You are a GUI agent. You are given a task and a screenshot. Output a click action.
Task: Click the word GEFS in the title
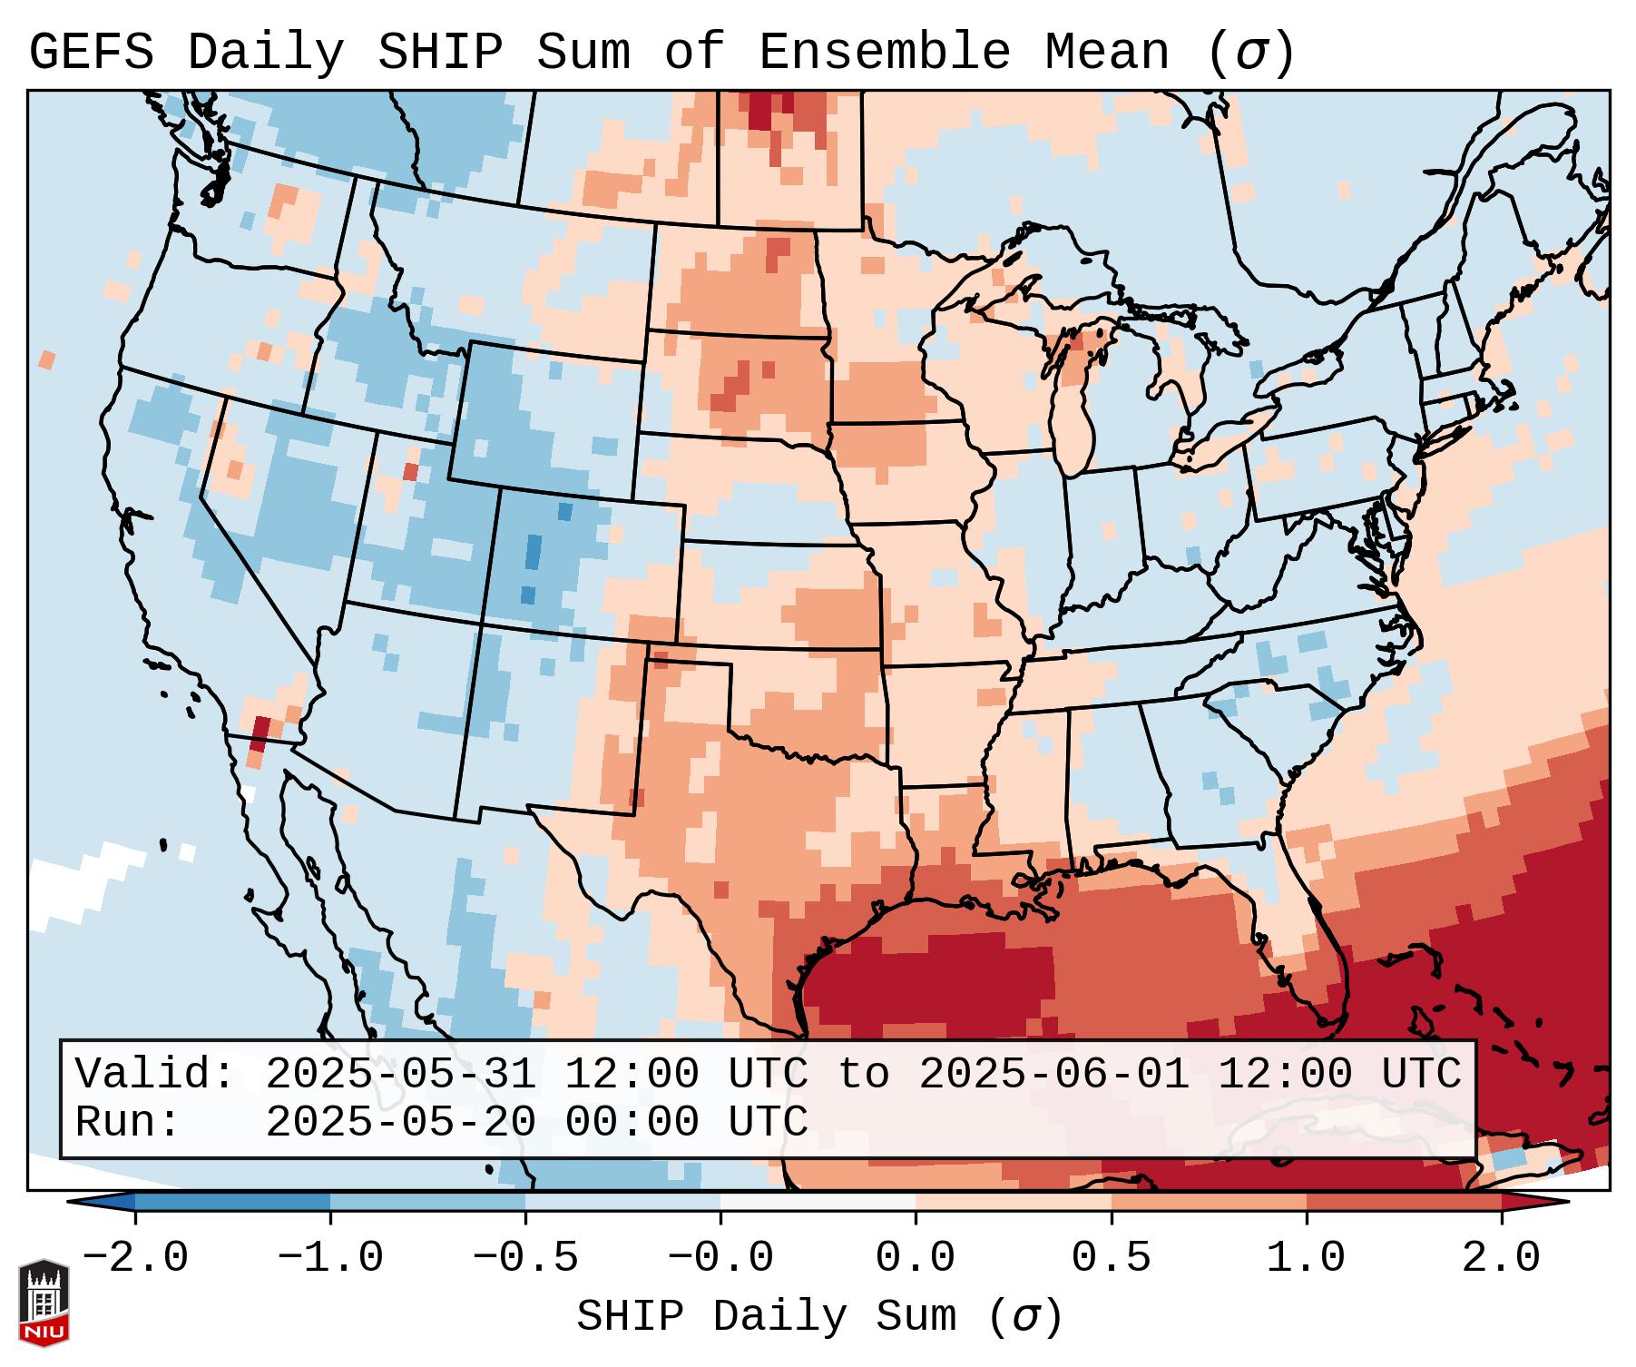coord(92,53)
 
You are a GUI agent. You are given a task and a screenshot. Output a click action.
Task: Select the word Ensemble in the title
coord(884,53)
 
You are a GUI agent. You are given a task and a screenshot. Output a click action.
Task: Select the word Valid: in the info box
coord(155,1075)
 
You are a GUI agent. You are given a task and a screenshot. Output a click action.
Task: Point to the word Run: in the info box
coord(128,1123)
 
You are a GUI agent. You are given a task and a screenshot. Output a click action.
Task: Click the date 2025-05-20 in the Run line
coord(400,1123)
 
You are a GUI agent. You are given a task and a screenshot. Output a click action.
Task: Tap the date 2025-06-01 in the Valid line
coord(1053,1075)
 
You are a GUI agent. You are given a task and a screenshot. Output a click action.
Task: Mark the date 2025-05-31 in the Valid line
coord(400,1075)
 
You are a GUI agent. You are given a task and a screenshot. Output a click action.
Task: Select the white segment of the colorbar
coord(818,1203)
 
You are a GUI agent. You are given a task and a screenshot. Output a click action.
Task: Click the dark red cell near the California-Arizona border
coord(260,732)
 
